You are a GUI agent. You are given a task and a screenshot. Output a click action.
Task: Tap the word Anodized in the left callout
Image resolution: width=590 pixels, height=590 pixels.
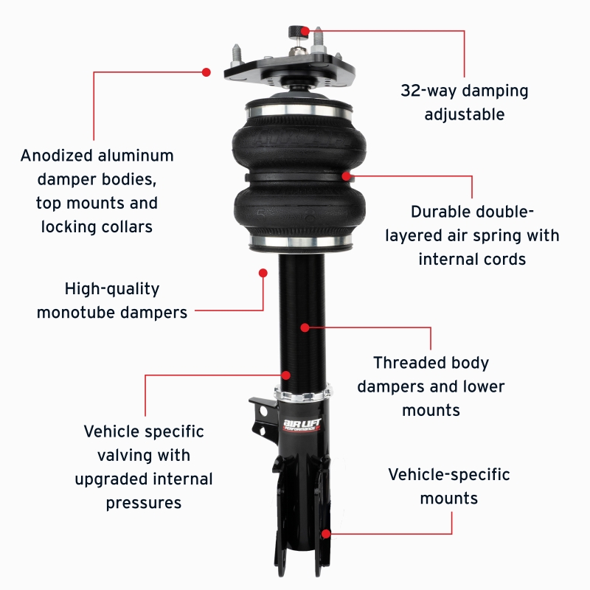[x=57, y=156]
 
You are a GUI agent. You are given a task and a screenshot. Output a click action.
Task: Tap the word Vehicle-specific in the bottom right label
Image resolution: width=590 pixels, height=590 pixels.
[x=449, y=474]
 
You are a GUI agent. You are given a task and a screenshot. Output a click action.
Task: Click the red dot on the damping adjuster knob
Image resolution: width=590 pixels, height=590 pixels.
[x=305, y=31]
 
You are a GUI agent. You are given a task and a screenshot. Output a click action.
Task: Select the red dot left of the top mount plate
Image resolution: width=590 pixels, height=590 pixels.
[x=206, y=72]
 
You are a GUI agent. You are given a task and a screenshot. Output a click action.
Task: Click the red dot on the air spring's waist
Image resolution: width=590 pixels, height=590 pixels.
[x=346, y=176]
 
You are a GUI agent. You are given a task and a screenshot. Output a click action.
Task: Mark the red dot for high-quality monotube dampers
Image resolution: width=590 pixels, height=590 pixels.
[x=263, y=272]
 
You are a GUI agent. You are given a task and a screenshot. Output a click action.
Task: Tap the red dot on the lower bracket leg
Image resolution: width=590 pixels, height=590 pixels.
[x=325, y=532]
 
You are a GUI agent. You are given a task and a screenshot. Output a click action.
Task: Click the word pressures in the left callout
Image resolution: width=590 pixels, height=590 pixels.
[x=143, y=503]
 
